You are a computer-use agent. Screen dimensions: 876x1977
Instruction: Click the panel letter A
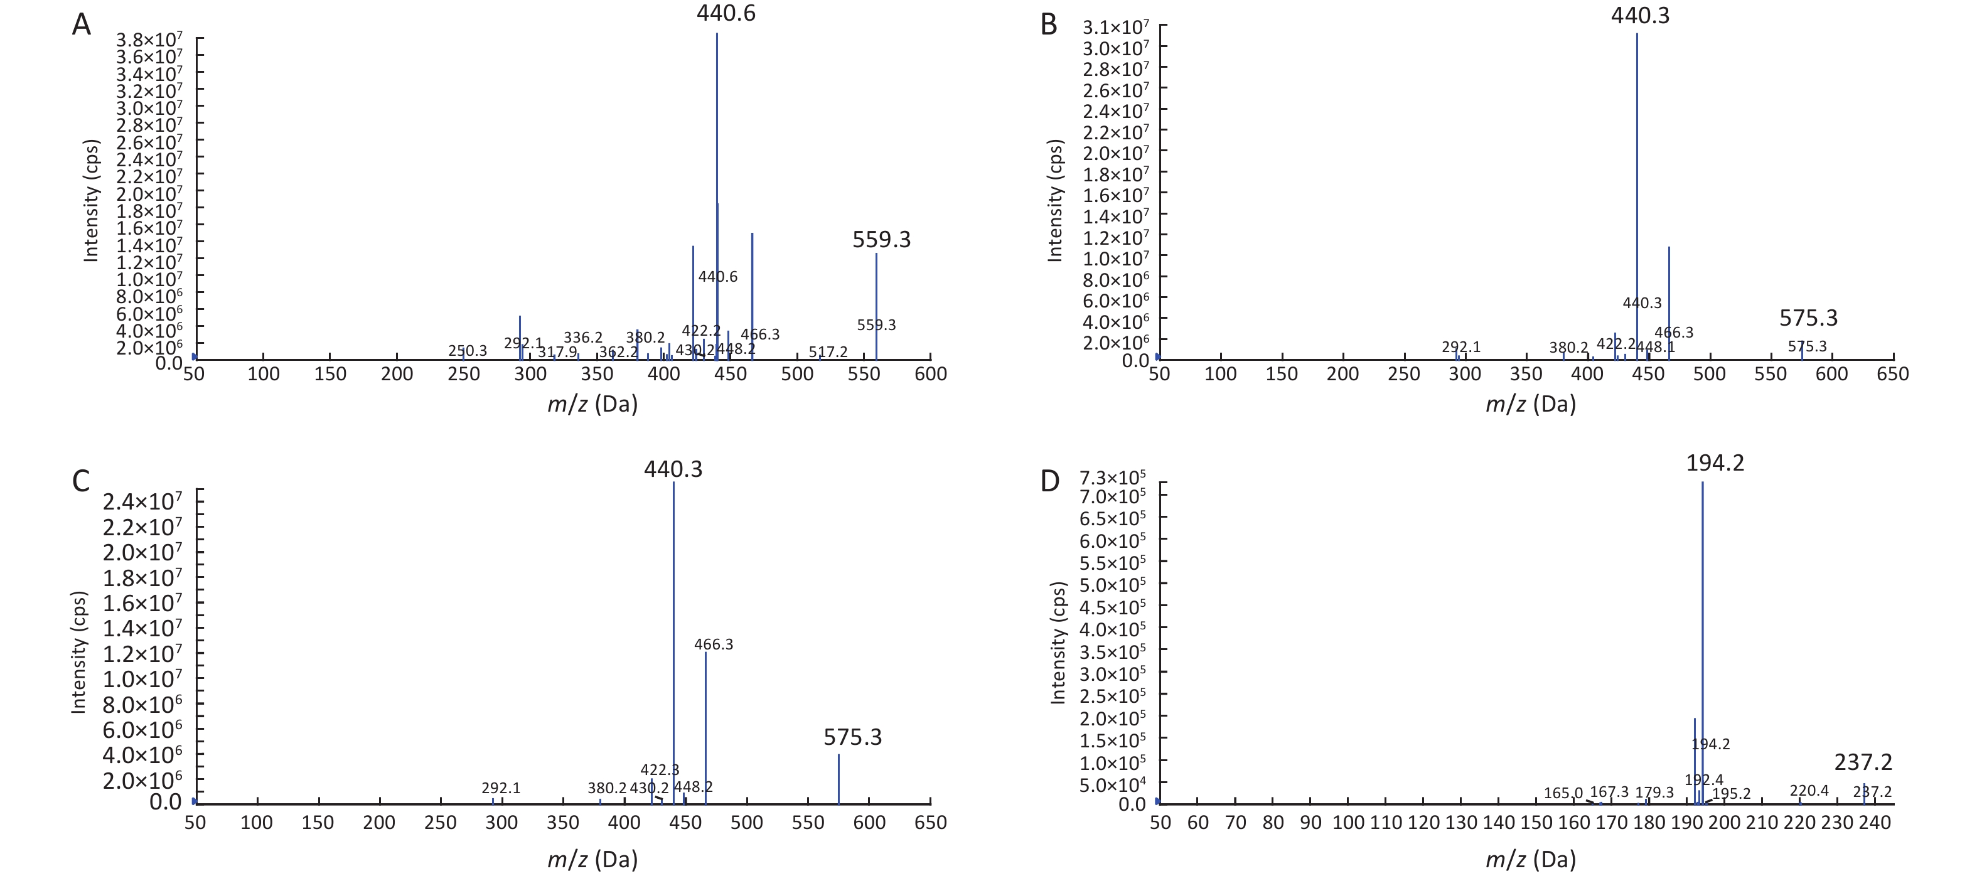click(x=82, y=25)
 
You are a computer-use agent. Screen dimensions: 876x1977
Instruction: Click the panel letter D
click(x=1049, y=481)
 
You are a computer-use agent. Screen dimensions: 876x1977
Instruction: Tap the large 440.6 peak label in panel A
click(x=726, y=14)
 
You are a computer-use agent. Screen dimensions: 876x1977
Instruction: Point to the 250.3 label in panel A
click(x=468, y=351)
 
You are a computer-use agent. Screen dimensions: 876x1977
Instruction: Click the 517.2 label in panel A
click(x=827, y=352)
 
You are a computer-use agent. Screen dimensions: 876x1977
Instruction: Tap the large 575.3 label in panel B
click(x=1808, y=318)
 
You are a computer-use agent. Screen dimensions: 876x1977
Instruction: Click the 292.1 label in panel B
click(x=1461, y=348)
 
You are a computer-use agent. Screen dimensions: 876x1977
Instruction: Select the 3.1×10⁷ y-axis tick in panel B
click(x=1115, y=28)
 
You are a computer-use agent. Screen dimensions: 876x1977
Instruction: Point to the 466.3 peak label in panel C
click(x=713, y=644)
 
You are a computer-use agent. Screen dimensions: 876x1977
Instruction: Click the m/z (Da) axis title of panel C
click(x=592, y=859)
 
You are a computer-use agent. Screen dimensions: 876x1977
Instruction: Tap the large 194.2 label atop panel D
click(x=1715, y=463)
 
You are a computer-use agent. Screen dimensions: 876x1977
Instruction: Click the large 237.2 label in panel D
click(x=1863, y=762)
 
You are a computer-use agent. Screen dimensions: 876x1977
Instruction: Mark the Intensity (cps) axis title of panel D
click(x=1058, y=643)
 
